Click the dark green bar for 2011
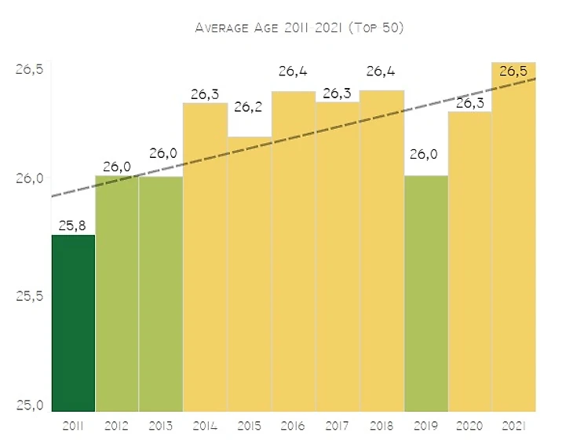[73, 322]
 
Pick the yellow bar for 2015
[249, 275]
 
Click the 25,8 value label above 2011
[73, 225]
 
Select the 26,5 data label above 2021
[513, 71]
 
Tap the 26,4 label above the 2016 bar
[293, 72]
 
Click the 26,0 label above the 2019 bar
[425, 154]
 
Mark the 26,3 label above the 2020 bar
[470, 102]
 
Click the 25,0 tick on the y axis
[29, 405]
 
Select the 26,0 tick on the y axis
[29, 178]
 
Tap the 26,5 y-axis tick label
[29, 69]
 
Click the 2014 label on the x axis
[205, 425]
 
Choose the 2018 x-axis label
[381, 425]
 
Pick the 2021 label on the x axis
[513, 425]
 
